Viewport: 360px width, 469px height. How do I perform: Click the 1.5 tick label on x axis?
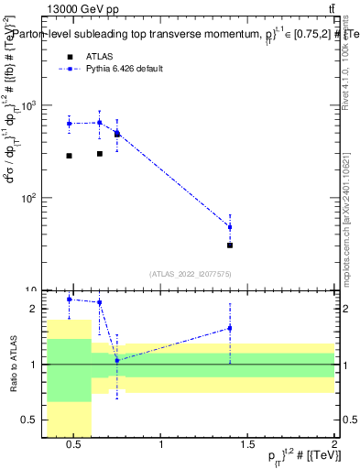tap(247, 447)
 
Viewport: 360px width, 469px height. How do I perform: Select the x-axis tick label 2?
tap(333, 447)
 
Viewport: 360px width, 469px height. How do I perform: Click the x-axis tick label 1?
tap(162, 447)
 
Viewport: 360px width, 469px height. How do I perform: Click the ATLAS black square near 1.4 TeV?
tap(230, 245)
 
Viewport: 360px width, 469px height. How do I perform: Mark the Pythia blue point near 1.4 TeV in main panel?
tap(230, 227)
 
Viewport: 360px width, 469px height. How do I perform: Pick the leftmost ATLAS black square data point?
tap(69, 156)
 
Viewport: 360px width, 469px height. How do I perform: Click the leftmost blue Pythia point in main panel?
tap(69, 124)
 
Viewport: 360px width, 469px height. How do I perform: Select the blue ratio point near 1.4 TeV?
tap(230, 328)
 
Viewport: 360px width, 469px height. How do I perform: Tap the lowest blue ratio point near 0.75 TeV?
tap(117, 360)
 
